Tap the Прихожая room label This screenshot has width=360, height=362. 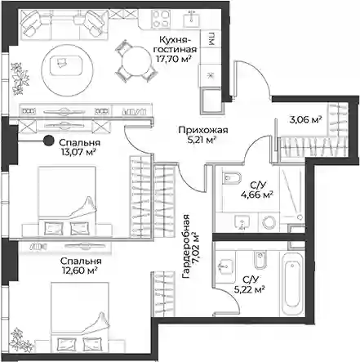(203, 130)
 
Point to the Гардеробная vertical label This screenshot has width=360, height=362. (186, 247)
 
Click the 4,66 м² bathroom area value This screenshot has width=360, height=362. (257, 194)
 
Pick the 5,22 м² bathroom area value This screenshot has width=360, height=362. (250, 289)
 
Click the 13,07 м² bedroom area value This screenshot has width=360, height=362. (79, 152)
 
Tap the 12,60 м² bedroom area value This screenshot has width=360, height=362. (79, 270)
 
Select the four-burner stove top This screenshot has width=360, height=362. (161, 19)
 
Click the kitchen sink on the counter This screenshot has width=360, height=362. (192, 18)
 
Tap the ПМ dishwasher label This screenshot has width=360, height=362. (211, 38)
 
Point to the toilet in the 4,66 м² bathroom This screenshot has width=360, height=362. (232, 178)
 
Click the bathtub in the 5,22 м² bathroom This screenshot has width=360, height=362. (292, 285)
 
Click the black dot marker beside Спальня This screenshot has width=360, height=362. (49, 141)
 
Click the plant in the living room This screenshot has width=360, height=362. (20, 78)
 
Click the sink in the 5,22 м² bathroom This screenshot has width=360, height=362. (225, 266)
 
